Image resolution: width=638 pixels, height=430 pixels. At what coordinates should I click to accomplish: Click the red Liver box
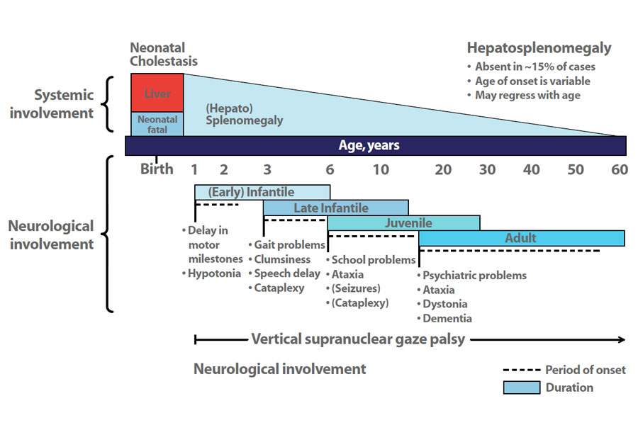coord(157,93)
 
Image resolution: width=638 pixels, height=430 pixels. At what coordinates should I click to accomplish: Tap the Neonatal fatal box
coord(157,124)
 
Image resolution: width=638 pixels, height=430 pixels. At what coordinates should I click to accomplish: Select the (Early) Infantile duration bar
coord(262,192)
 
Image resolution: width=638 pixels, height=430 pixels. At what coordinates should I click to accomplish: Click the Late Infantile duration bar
coord(335,208)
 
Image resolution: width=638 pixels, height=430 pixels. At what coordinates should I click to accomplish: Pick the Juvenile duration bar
coord(403,223)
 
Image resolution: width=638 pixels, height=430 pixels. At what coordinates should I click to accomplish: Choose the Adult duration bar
coord(521,238)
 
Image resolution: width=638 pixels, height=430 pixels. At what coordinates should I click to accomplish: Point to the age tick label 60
coord(620,169)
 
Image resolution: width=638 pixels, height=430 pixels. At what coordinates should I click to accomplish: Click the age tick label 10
coord(381,169)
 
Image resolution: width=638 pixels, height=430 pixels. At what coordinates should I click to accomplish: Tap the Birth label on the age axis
coord(157,169)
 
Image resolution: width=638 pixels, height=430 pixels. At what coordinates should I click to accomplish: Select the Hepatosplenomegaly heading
coord(539,48)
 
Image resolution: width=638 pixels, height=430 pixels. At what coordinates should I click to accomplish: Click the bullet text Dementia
coord(447,319)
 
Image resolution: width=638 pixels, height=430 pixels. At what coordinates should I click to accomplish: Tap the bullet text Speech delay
coord(286,273)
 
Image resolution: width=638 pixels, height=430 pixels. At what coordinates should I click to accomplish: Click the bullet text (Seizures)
coord(356,288)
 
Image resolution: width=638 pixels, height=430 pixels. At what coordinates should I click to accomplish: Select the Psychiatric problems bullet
coord(474,275)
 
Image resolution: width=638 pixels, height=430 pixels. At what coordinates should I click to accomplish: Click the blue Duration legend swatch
coord(521,387)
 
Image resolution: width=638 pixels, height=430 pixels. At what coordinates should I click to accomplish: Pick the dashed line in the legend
coord(521,370)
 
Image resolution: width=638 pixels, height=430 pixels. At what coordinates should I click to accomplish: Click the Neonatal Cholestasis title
coord(163,55)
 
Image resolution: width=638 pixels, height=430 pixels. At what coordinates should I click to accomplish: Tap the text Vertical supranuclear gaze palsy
coord(358,339)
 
